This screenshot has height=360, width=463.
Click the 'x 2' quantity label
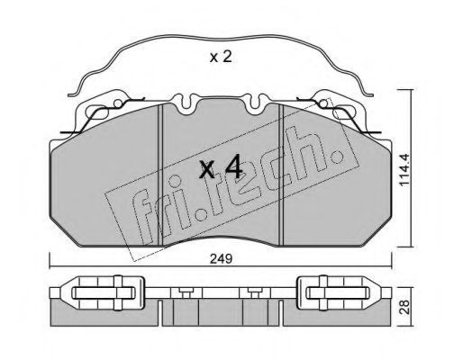click(221, 57)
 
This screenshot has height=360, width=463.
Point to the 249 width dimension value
click(221, 258)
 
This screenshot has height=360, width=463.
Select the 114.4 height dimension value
click(404, 169)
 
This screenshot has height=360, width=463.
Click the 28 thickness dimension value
click(405, 307)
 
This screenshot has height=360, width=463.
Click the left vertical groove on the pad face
click(160, 175)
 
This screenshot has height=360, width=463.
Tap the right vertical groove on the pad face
click(281, 175)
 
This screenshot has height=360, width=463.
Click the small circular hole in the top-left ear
click(118, 103)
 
